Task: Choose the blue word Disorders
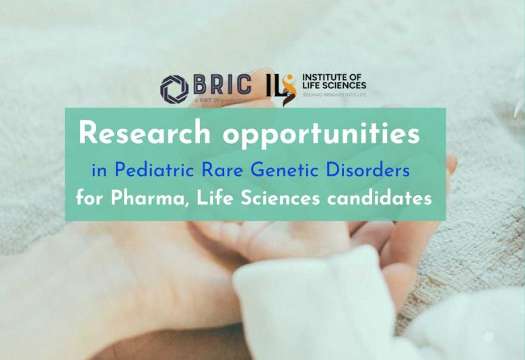coord(371,171)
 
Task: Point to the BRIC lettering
coord(222,85)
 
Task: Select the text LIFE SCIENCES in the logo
coord(335,86)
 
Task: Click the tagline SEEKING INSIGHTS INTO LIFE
coord(335,95)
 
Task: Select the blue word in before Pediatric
coord(99,172)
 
